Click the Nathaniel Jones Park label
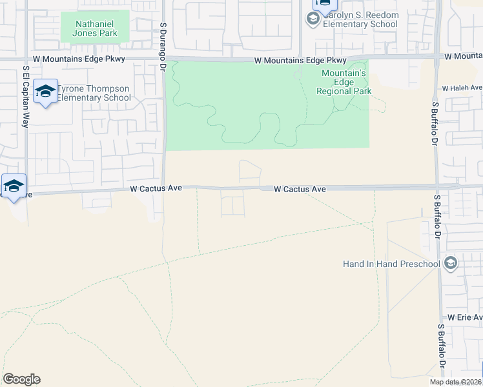coord(94,27)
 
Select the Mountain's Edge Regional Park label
coord(344,82)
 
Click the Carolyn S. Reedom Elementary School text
coord(360,20)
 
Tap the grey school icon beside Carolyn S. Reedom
coord(313,19)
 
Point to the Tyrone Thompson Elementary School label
coord(94,93)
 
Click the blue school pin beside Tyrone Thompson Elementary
coord(45,92)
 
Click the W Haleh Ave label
coord(462,88)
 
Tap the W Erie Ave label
coord(465,317)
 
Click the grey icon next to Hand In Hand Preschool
coord(450,263)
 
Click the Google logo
coord(21,379)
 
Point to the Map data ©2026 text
coord(456,382)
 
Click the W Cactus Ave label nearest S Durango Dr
coord(156,188)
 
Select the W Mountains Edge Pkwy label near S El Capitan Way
coord(78,59)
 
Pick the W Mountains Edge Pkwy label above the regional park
coord(300,61)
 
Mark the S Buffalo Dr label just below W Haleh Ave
coord(435,122)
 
